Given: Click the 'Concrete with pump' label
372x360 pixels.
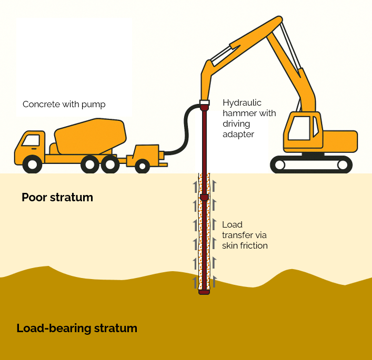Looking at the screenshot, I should tap(64, 104).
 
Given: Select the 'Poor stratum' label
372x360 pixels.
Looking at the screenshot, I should tap(57, 198).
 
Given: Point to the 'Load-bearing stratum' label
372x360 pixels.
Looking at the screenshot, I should tap(77, 328).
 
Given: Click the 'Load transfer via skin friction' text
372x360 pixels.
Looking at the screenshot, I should tap(245, 235).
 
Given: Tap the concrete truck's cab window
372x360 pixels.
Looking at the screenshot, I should tap(31, 140).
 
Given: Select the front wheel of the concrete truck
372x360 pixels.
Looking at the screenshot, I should tap(33, 164).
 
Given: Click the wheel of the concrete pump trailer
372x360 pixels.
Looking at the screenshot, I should tap(142, 166).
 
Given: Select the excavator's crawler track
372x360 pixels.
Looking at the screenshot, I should tap(310, 164).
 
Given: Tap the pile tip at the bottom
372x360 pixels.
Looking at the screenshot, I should tap(204, 291).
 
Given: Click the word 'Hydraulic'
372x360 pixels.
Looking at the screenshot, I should tap(242, 102).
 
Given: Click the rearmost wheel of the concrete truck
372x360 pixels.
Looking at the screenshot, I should tap(110, 164).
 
